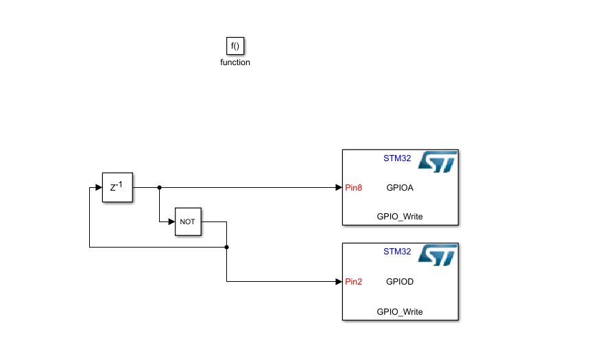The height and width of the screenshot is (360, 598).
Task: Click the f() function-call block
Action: [x=235, y=46]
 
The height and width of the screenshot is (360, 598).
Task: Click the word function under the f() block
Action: [x=235, y=62]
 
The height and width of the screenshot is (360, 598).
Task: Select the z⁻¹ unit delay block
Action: [x=117, y=187]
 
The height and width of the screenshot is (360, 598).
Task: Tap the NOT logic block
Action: [x=188, y=221]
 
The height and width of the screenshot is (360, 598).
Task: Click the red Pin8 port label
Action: [x=354, y=187]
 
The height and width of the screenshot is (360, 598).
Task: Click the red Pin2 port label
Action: [x=354, y=281]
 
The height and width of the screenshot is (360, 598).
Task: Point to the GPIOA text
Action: [x=400, y=187]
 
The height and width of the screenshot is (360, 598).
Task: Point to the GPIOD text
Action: [x=400, y=281]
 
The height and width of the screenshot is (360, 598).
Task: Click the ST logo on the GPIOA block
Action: [x=438, y=162]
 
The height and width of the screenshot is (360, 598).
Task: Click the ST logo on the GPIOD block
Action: [x=438, y=255]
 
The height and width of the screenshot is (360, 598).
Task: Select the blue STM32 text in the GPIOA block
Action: [x=397, y=158]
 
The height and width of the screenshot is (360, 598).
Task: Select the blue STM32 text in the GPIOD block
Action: [x=397, y=252]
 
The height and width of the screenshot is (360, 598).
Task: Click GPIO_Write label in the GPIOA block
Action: [x=400, y=217]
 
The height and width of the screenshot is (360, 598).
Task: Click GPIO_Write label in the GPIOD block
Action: [x=400, y=311]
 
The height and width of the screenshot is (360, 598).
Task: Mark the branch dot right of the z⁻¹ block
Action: [x=159, y=187]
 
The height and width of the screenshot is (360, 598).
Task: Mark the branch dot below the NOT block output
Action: [x=226, y=246]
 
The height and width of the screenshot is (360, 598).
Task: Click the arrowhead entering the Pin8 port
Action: [x=339, y=187]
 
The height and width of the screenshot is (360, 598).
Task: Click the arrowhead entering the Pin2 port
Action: [x=339, y=281]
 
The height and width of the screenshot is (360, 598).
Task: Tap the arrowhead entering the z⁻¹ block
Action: [x=98, y=187]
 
